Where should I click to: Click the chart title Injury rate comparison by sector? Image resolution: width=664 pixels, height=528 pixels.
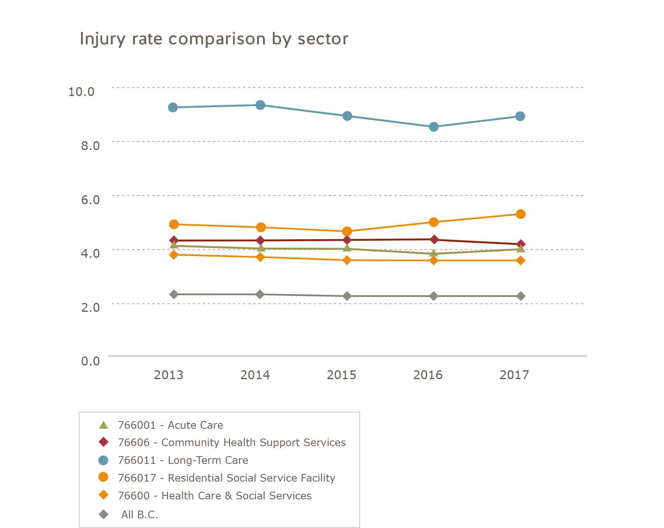tap(214, 39)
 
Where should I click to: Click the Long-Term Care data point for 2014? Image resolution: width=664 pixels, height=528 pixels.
tap(261, 105)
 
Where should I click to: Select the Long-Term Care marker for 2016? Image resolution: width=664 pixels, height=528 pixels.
tap(433, 127)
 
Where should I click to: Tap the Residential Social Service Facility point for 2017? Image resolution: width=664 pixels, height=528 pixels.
tap(521, 214)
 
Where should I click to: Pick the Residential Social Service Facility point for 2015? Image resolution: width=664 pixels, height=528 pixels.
tap(347, 232)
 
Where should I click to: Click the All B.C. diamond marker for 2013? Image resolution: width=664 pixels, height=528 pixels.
tap(174, 294)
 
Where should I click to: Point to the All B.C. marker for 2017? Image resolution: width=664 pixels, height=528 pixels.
tap(521, 296)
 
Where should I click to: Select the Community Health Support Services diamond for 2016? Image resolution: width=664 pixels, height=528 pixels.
tap(434, 240)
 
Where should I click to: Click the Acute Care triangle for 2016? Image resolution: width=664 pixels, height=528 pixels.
tap(434, 253)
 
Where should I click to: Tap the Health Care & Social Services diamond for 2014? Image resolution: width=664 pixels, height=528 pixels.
tap(261, 257)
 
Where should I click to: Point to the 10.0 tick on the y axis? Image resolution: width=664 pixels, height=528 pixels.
tap(81, 92)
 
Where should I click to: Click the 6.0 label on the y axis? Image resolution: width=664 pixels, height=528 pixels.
tap(90, 199)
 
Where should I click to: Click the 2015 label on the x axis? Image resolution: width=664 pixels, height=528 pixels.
tap(341, 375)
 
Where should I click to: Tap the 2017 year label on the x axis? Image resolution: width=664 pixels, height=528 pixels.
tap(514, 375)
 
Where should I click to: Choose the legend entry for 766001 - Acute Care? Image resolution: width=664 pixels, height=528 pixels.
tap(170, 425)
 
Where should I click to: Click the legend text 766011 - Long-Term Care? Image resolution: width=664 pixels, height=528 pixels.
tap(183, 460)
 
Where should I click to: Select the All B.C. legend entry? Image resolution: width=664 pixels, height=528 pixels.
tap(139, 515)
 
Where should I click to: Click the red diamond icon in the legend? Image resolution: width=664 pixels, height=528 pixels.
tap(104, 442)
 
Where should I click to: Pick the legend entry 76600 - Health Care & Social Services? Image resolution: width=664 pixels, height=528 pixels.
tap(214, 496)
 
